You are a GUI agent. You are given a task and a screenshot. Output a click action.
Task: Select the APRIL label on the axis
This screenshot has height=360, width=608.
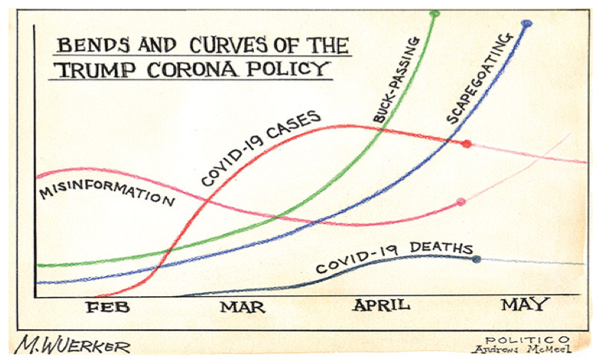[x=381, y=305]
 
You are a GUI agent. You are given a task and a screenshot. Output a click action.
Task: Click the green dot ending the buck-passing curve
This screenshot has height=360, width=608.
[x=435, y=14]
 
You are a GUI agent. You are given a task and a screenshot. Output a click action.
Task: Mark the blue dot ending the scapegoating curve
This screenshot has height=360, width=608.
[x=526, y=24]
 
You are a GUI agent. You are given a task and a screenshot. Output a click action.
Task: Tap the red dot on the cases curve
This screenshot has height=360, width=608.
[x=466, y=144]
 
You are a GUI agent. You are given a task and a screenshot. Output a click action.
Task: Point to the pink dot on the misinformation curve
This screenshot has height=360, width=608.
[x=460, y=202]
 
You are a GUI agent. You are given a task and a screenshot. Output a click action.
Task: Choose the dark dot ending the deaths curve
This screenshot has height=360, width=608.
[x=476, y=259]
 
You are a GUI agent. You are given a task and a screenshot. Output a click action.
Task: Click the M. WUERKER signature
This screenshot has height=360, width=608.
[x=72, y=345]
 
